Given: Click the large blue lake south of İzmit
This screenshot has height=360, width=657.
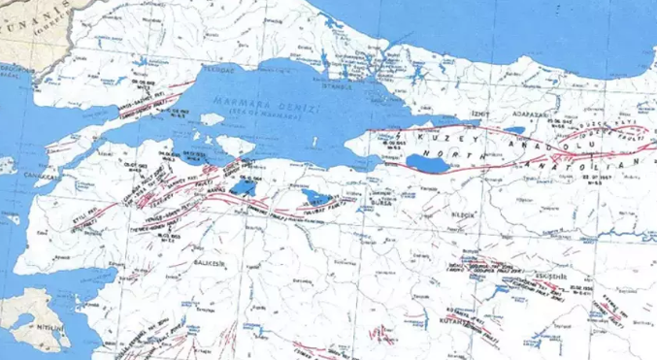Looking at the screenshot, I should (428, 162).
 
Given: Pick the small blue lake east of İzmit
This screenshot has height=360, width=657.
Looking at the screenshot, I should (513, 129).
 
